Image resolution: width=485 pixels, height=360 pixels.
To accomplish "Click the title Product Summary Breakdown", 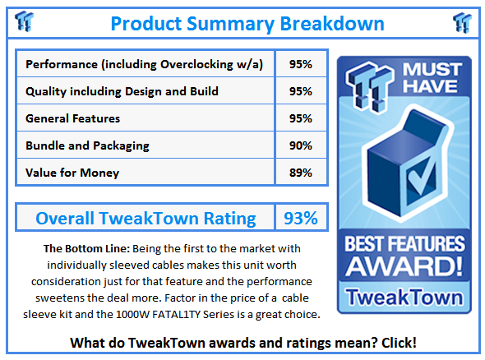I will coord(247,22).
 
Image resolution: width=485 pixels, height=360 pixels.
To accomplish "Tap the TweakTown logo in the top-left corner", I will coord(25,21).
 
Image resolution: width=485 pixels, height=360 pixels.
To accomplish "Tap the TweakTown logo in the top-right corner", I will coord(461,21).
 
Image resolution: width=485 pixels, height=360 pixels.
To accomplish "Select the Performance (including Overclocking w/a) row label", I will coord(145,64).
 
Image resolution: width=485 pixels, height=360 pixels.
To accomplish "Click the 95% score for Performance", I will coord(299,64).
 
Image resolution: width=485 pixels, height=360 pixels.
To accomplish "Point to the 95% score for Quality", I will coord(299,91).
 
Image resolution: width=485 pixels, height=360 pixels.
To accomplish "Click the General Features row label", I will coord(73,118).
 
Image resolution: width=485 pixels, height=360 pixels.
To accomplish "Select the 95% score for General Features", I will coord(299,118).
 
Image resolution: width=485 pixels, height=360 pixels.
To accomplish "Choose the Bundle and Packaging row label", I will coord(88,145).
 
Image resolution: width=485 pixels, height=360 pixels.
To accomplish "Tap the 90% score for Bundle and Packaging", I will coord(299,145).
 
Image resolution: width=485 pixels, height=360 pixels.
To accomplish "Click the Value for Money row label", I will coord(72,173).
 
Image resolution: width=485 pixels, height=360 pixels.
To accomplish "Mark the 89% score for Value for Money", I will coord(299,173).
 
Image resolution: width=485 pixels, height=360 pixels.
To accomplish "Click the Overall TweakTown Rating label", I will coord(145,219).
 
